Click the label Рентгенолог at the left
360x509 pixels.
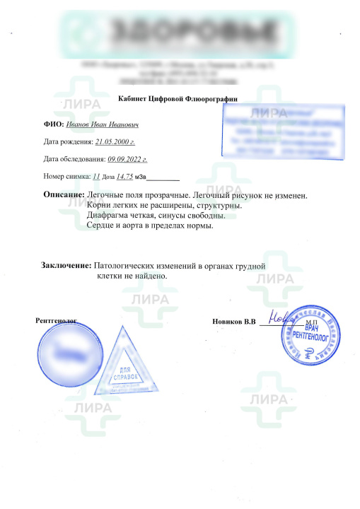point(56,320)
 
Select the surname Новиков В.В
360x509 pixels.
point(233,322)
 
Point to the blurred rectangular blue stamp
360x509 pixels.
point(283,130)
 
